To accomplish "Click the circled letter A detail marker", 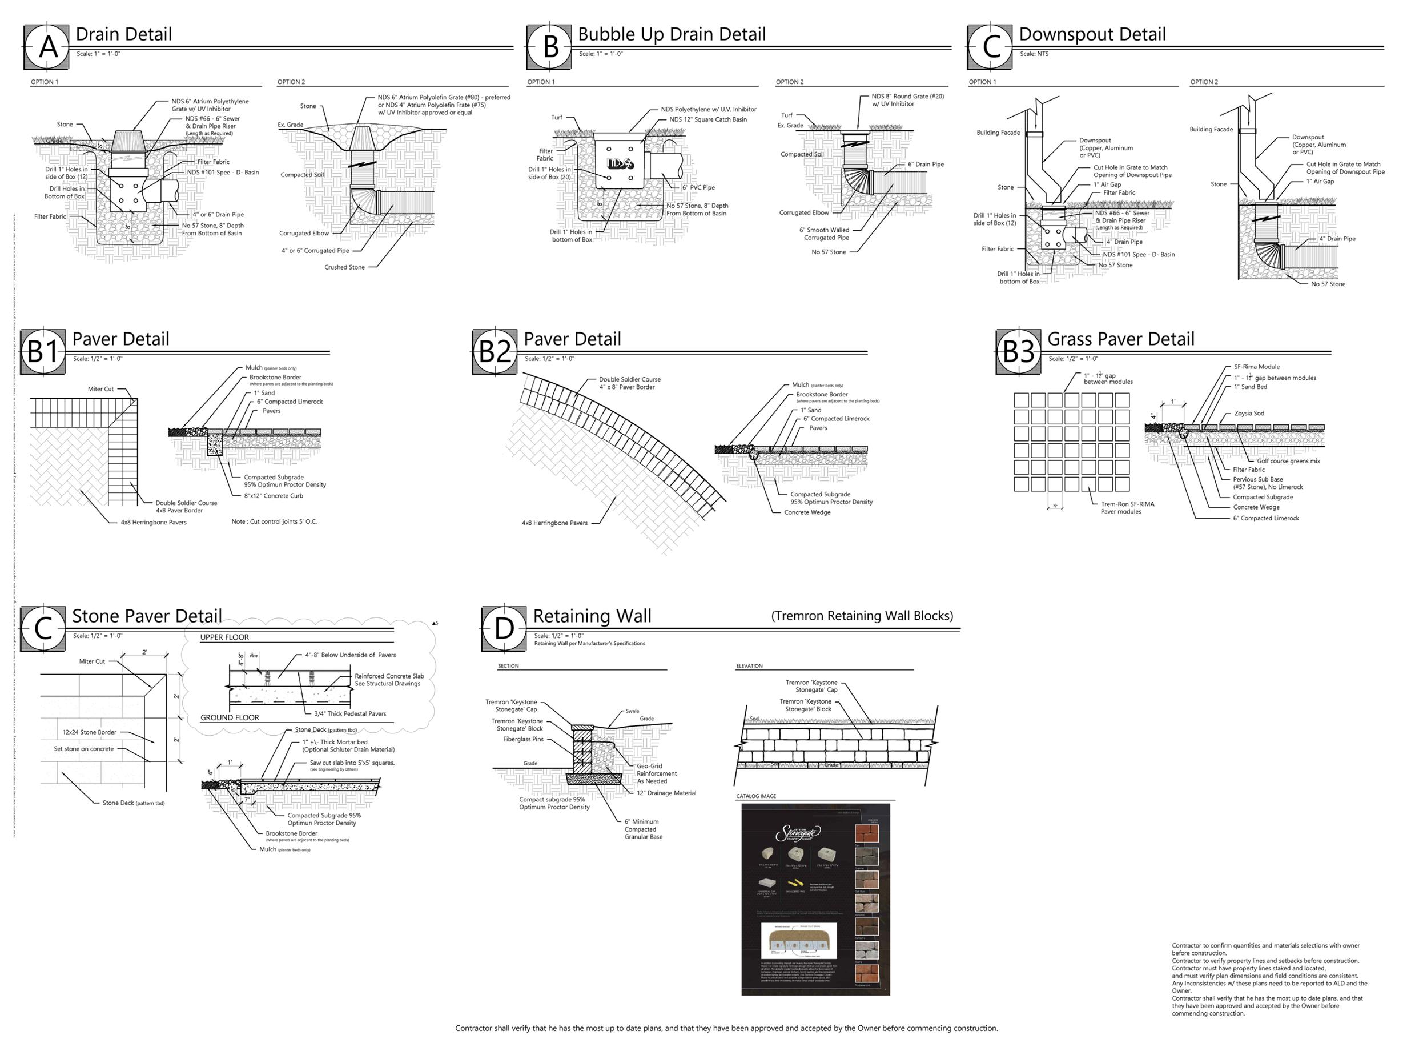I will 48,47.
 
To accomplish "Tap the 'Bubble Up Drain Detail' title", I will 672,34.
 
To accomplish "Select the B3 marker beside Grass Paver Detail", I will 1018,352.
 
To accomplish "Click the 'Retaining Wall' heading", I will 592,616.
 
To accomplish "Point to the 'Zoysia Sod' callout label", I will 1249,414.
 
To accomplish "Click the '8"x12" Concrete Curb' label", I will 274,496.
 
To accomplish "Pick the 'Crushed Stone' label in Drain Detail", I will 344,267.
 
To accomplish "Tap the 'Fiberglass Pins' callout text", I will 523,739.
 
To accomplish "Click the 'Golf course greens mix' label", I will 1288,461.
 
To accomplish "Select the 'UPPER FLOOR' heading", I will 224,637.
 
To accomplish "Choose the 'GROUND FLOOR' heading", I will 230,717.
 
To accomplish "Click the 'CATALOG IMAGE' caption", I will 756,796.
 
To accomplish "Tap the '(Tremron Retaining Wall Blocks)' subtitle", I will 862,616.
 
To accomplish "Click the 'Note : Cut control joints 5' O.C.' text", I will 274,521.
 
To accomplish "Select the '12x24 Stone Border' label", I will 89,732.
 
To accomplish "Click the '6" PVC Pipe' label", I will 698,187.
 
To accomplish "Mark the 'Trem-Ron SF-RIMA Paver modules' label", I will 1127,508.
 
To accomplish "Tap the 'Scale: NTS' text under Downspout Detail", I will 1034,54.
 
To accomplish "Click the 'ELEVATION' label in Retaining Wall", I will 749,666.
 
